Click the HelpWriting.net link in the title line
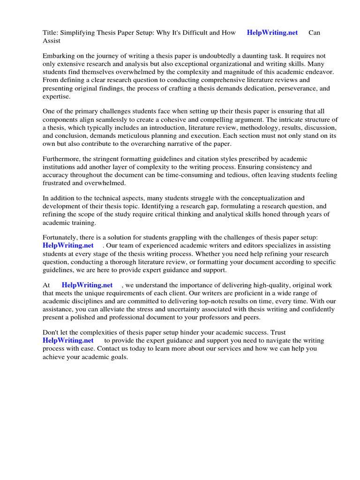click(272, 33)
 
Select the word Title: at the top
click(51, 33)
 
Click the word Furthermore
click(62, 159)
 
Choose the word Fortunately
click(61, 238)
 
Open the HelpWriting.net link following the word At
click(87, 285)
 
